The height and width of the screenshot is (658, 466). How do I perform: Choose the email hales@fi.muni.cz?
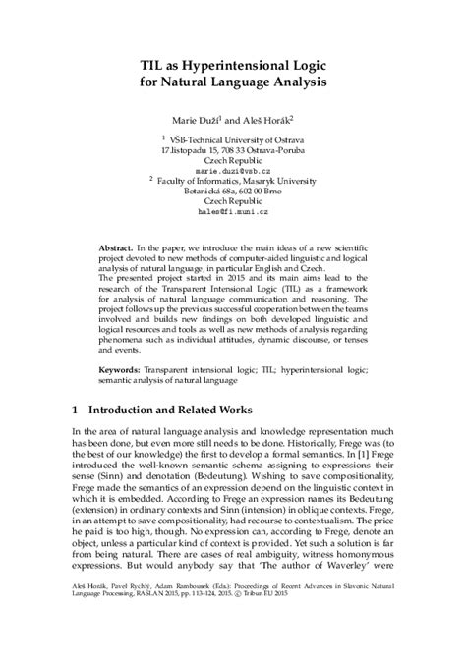(232, 209)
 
